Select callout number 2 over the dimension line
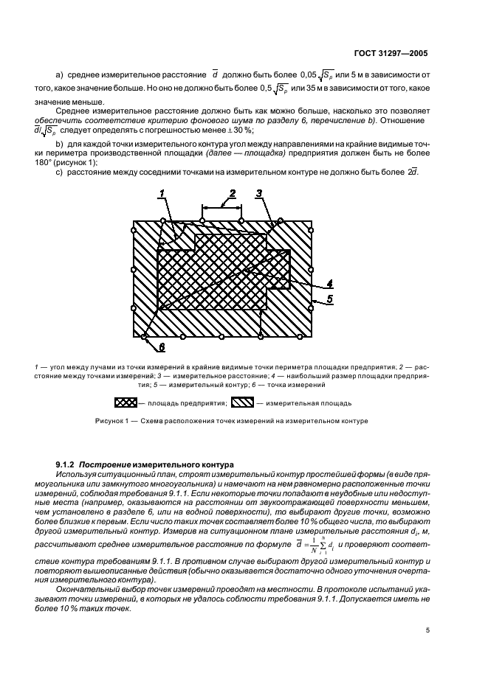[x=231, y=194]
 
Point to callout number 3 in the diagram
[x=259, y=194]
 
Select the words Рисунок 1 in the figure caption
[x=114, y=422]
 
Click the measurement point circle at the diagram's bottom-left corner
[x=145, y=338]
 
